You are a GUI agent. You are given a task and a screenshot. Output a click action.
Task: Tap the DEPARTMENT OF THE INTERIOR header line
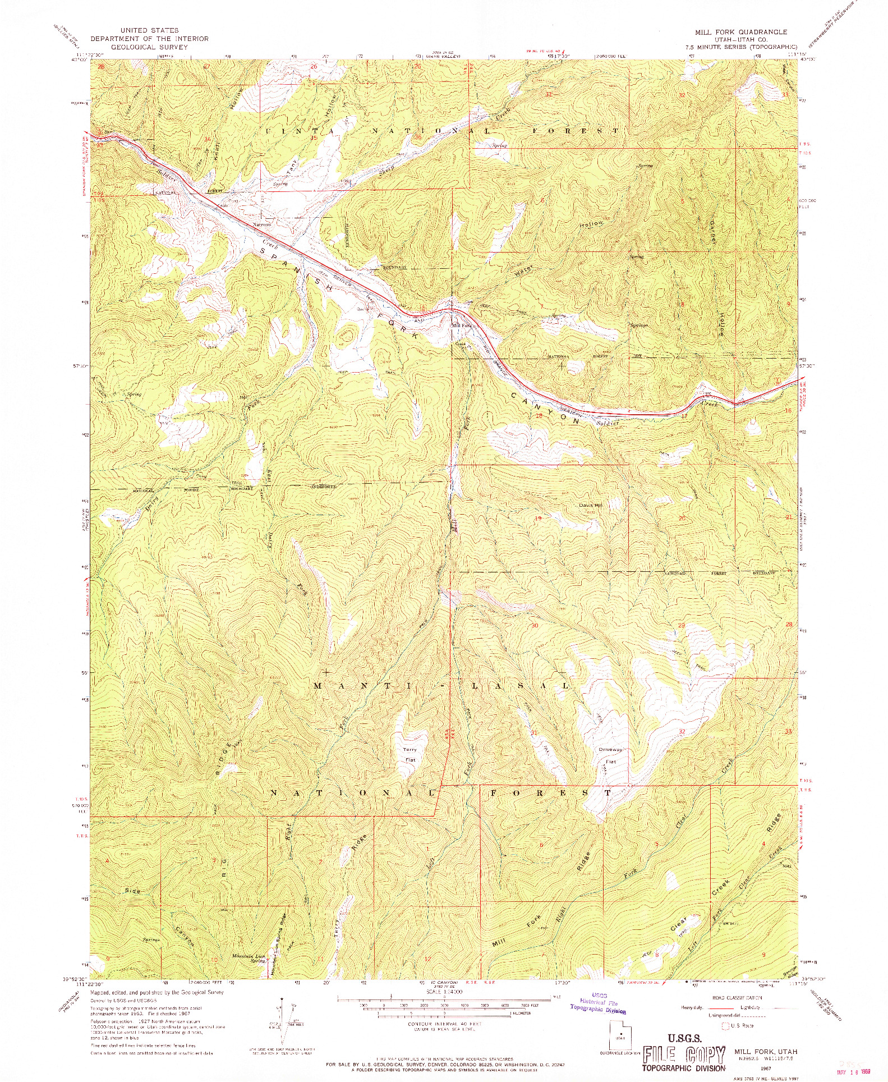click(149, 39)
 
